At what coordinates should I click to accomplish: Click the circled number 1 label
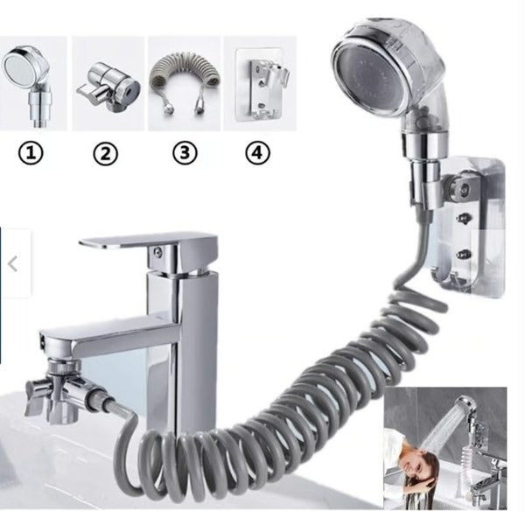pyautogui.click(x=31, y=153)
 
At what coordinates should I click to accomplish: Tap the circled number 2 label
pyautogui.click(x=105, y=154)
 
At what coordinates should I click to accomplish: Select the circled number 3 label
pyautogui.click(x=183, y=153)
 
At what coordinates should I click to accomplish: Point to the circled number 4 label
pyautogui.click(x=257, y=153)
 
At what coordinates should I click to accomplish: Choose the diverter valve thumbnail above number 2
pyautogui.click(x=108, y=83)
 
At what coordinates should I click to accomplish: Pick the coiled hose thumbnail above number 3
pyautogui.click(x=183, y=83)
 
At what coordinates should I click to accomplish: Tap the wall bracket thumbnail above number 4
pyautogui.click(x=259, y=83)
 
